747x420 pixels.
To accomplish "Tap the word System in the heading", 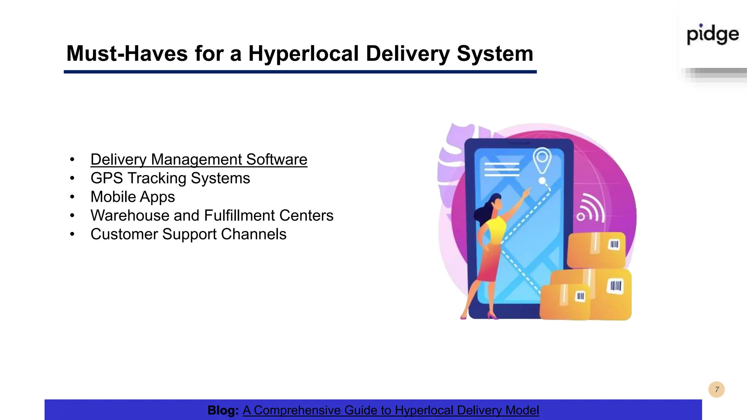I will [x=495, y=54].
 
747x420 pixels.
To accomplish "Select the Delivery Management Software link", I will [x=199, y=160].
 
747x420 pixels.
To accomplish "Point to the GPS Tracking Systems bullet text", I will [x=170, y=178].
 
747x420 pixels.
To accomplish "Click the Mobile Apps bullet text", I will [x=133, y=197].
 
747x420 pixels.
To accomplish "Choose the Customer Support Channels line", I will [x=188, y=234].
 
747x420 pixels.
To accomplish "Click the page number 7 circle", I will [x=716, y=389].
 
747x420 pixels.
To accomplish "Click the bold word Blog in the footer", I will [x=223, y=410].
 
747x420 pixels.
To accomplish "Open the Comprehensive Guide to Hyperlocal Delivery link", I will [x=390, y=410].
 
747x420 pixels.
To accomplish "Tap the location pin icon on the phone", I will [x=542, y=160].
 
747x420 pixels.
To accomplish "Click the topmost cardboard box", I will [x=596, y=250].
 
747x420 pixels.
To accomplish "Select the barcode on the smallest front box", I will [x=580, y=296].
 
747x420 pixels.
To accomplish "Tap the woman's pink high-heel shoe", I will [x=492, y=316].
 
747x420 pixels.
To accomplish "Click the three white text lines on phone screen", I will [x=502, y=170].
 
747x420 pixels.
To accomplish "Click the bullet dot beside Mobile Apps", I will [x=72, y=197].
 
